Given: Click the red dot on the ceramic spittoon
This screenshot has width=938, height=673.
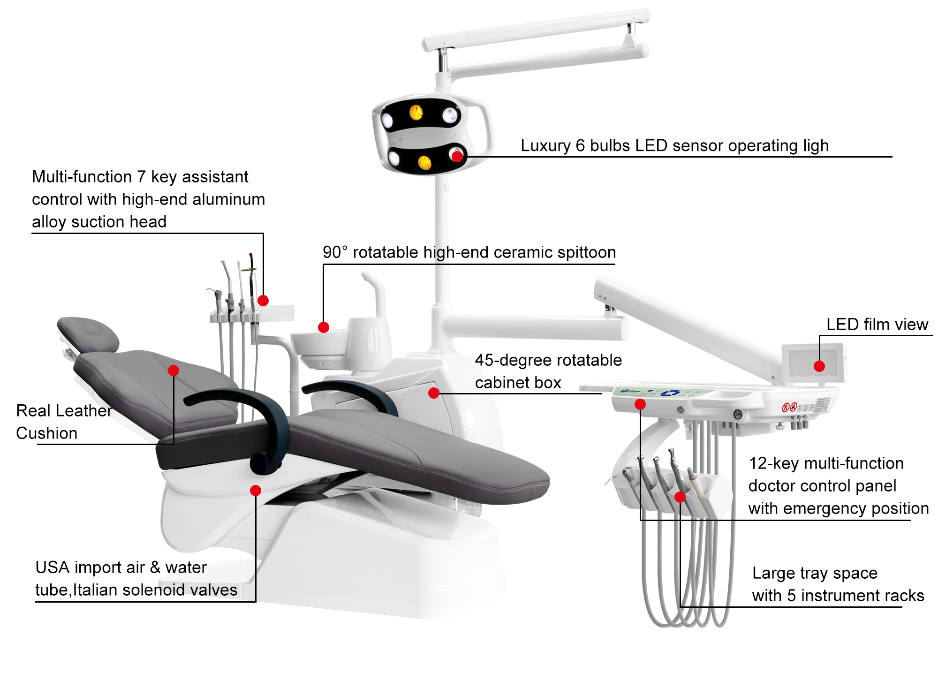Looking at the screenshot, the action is pyautogui.click(x=324, y=327).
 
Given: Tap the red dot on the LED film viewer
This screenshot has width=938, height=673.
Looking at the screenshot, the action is pyautogui.click(x=819, y=366).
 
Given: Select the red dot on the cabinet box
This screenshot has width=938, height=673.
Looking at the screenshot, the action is pyautogui.click(x=434, y=393).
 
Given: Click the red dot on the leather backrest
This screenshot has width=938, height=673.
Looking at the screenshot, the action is pyautogui.click(x=174, y=371).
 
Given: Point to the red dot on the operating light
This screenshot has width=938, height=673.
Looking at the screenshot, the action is pyautogui.click(x=457, y=156).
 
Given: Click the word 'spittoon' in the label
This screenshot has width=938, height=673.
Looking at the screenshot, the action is pyautogui.click(x=587, y=253).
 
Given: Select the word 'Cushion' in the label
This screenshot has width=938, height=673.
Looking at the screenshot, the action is pyautogui.click(x=47, y=433).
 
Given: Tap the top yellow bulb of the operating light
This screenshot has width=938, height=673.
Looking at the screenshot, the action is pyautogui.click(x=416, y=112).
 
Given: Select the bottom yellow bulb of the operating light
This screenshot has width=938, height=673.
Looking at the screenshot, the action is pyautogui.click(x=424, y=162).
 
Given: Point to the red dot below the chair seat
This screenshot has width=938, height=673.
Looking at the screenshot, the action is pyautogui.click(x=256, y=491).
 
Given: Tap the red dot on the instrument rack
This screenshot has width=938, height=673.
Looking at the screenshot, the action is pyautogui.click(x=680, y=497).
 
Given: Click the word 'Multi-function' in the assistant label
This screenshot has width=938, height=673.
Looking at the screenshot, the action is pyautogui.click(x=82, y=177).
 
